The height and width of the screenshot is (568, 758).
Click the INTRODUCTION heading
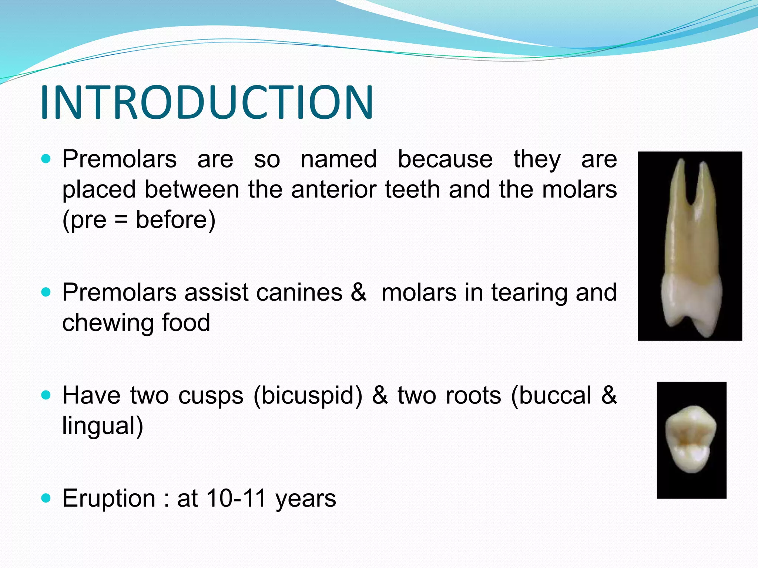tap(207, 102)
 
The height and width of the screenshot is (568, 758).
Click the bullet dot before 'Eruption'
tap(46, 498)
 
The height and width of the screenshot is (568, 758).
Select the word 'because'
tap(445, 159)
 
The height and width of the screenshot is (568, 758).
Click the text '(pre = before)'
tap(139, 220)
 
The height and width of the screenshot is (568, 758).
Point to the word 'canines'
tap(299, 293)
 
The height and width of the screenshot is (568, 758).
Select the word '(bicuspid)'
tap(308, 395)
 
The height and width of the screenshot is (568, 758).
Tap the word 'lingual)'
tap(103, 426)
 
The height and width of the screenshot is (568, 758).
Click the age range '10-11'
tap(236, 498)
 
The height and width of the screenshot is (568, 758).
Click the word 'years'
tap(306, 499)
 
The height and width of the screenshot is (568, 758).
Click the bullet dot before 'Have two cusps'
tap(46, 395)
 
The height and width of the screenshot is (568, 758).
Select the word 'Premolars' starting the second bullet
tap(119, 293)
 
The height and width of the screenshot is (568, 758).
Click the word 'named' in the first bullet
tap(339, 159)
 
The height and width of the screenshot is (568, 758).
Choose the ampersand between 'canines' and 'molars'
tap(358, 293)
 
